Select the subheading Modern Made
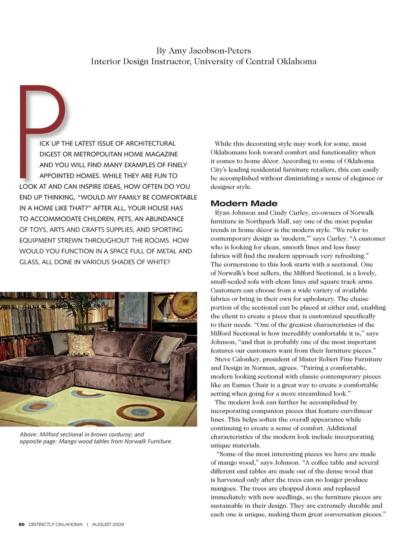coord(244,203)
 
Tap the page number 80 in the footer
coord(22,524)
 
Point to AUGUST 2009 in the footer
coord(108,524)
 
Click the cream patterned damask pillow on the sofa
coord(81,345)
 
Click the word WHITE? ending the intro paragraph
coord(158,262)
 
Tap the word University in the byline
coord(213,61)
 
